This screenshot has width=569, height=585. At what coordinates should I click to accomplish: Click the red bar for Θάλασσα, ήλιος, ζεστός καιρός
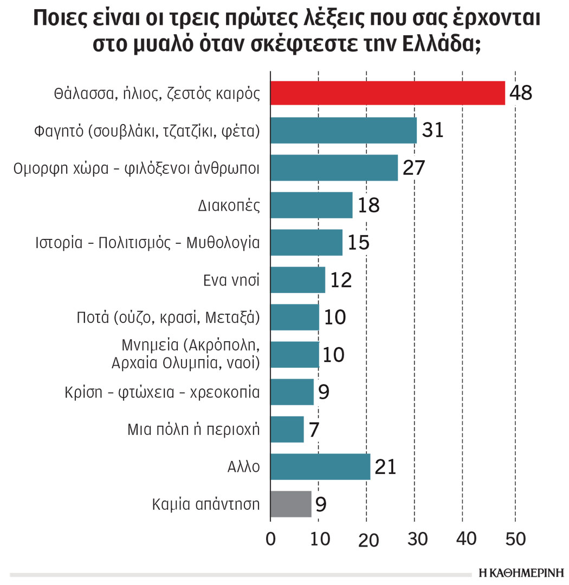click(x=387, y=93)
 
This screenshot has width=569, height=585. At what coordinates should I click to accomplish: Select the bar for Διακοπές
click(x=311, y=205)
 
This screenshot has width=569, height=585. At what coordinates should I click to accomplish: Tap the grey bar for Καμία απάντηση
click(x=291, y=504)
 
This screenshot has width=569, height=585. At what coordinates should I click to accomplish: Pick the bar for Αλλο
click(x=320, y=467)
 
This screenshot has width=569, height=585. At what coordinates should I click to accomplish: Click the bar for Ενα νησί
click(x=298, y=280)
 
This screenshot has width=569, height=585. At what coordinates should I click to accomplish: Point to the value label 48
click(x=521, y=93)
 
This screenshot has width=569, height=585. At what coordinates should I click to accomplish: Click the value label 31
click(x=432, y=131)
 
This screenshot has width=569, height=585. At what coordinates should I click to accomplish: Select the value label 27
click(x=413, y=168)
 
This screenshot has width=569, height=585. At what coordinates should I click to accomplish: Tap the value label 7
click(x=314, y=430)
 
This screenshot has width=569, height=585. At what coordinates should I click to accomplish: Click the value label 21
click(x=385, y=467)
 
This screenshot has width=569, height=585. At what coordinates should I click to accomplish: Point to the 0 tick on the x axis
click(x=270, y=539)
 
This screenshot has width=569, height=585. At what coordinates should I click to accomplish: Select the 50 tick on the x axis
click(x=515, y=539)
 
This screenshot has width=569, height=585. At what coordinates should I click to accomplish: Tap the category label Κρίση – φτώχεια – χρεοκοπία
click(x=189, y=392)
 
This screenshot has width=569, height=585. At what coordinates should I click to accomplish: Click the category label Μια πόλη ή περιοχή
click(x=193, y=430)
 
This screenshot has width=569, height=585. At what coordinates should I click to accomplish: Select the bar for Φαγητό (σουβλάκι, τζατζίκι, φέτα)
click(x=343, y=131)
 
